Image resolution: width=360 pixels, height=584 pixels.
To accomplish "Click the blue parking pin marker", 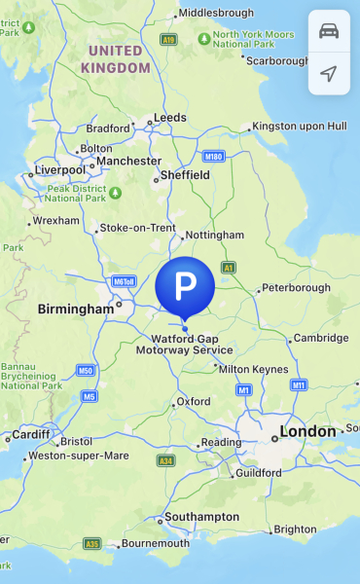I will click(185, 286).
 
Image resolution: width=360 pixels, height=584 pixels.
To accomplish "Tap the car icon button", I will click(329, 31).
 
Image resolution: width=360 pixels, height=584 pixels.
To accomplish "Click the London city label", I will click(308, 431).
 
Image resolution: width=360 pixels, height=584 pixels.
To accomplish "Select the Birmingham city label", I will click(75, 309).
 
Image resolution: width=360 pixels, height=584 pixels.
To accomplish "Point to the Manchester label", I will click(128, 161).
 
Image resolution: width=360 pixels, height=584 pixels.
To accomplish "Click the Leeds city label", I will click(169, 118).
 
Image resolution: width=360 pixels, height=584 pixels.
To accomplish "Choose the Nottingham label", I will click(214, 236).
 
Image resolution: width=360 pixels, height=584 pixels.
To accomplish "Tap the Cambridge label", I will click(321, 338).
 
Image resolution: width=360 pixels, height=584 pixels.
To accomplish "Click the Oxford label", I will click(193, 401).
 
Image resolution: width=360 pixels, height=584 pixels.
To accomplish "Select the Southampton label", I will click(202, 516).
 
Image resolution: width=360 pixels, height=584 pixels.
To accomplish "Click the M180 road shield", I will click(214, 156).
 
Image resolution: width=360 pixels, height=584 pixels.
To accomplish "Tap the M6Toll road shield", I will click(124, 281).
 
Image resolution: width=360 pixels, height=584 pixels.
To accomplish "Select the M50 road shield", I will click(86, 371).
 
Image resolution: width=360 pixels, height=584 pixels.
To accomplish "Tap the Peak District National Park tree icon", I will click(115, 191).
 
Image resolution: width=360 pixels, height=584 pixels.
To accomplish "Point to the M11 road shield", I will click(299, 385).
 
